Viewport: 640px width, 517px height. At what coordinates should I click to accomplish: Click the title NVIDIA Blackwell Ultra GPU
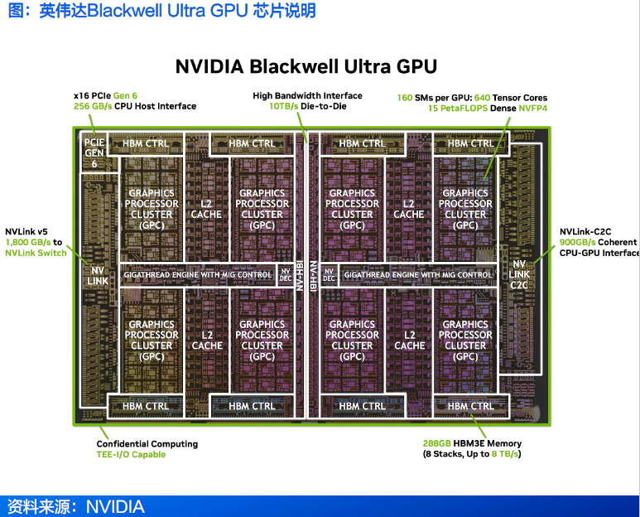[306, 66]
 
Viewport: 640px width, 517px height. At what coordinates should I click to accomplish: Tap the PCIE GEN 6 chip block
[94, 153]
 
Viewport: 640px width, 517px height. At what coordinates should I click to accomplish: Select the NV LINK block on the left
[98, 275]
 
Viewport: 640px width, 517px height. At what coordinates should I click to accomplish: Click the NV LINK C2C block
[519, 274]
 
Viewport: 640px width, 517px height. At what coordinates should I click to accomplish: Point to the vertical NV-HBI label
[313, 275]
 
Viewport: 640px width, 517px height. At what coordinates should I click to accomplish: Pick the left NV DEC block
[286, 274]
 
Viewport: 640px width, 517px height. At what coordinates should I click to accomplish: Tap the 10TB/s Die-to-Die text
[307, 106]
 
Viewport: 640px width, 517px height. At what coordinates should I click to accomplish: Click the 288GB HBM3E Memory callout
[471, 443]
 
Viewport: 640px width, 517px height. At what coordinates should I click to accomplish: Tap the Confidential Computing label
[147, 444]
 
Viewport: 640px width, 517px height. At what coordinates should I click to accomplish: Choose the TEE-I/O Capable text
[131, 454]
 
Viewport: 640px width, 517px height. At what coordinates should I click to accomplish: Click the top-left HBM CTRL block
[146, 143]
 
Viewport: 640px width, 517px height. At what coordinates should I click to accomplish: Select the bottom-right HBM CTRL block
[470, 406]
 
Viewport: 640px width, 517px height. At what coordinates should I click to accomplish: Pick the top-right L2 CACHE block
[409, 209]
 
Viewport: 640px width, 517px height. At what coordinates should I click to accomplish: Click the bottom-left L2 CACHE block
[207, 340]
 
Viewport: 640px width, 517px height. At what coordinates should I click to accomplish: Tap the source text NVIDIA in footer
[115, 506]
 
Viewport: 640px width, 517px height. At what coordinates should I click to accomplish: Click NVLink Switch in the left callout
[36, 253]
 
